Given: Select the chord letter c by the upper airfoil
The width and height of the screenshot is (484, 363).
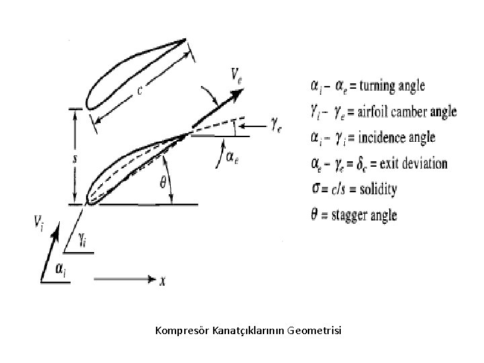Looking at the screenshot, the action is tap(140, 92).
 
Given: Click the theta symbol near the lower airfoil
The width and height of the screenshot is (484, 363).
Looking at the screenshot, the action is tap(162, 181).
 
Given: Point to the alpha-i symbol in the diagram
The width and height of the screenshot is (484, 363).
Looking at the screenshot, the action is tap(60, 270).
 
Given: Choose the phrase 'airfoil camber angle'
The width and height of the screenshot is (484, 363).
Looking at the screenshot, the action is tap(406, 112).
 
